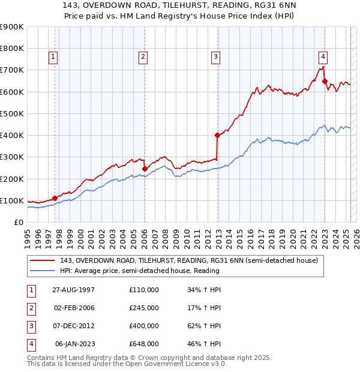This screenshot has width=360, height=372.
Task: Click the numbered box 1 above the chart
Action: pos(53,57)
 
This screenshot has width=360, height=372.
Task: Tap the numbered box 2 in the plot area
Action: pos(143,57)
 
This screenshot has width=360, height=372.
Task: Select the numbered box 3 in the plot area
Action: pos(215,57)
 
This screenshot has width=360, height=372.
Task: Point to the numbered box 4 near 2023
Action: pos(323,57)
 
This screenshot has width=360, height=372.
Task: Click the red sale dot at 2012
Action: pos(217,136)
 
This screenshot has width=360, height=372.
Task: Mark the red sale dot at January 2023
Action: pos(325,82)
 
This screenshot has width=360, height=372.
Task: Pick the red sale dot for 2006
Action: pos(145,169)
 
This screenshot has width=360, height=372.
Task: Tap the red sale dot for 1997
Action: pos(55,198)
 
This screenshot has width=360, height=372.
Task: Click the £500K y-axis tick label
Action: pos(11,113)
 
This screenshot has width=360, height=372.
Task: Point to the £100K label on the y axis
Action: pos(11,200)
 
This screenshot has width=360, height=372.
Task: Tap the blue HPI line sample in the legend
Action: pos(43,271)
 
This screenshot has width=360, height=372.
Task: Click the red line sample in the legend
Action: pos(43,260)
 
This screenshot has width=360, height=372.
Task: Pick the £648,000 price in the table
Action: pos(144,344)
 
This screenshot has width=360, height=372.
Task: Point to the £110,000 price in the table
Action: pos(144,289)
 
